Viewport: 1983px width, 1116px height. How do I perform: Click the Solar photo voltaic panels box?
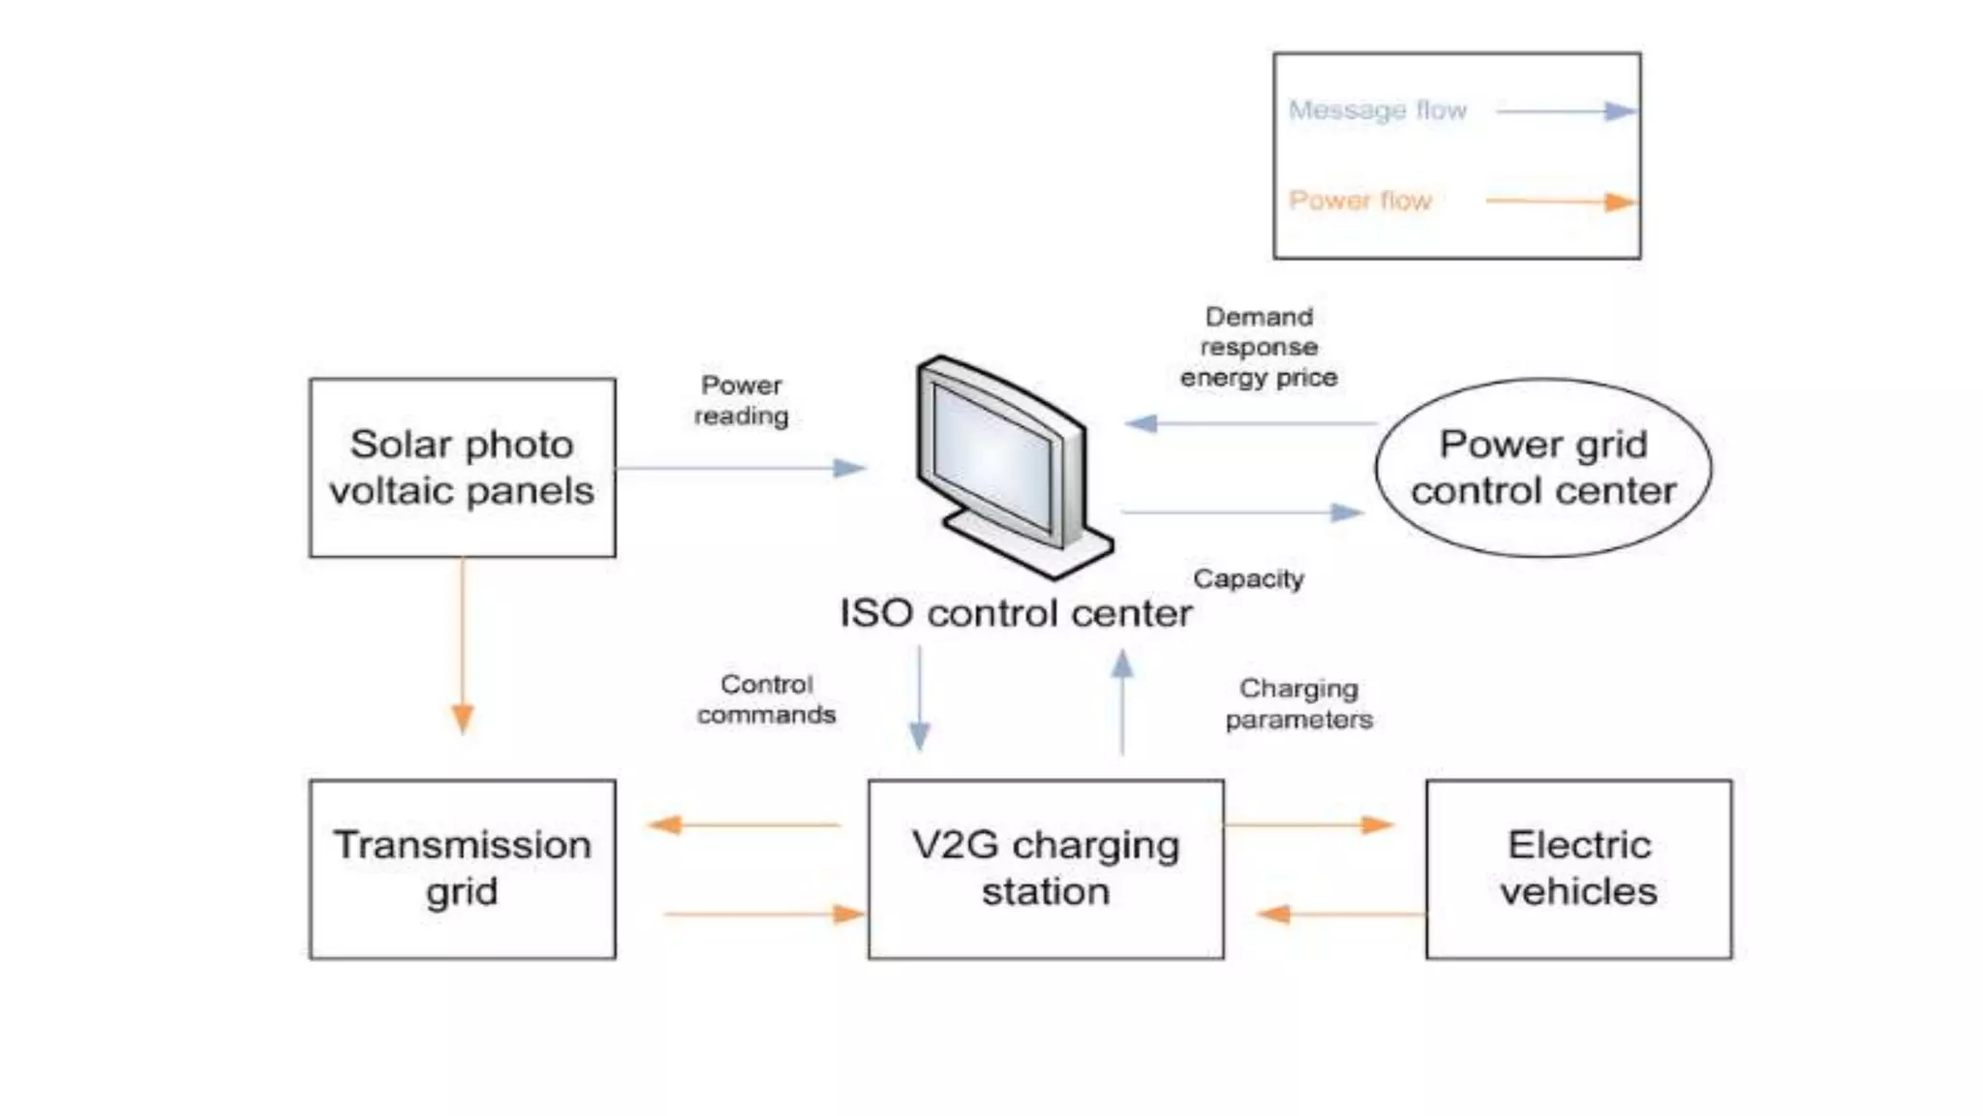click(x=462, y=467)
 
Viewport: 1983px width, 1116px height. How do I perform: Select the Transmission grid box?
click(x=462, y=869)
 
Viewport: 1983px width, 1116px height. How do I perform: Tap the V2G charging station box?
click(x=1046, y=869)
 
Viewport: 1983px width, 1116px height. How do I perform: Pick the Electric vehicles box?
click(x=1578, y=869)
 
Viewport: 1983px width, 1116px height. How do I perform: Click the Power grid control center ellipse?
click(x=1542, y=468)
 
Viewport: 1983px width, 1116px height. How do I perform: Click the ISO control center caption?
click(x=1015, y=613)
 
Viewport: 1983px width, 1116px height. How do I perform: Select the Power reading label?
click(x=741, y=400)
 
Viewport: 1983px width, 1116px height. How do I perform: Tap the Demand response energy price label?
click(x=1259, y=347)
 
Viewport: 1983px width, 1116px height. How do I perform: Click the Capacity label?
click(x=1248, y=578)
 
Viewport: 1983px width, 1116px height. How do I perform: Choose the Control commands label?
click(x=766, y=699)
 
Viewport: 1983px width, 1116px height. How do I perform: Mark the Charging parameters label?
click(x=1298, y=704)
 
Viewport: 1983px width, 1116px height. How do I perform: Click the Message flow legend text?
click(x=1377, y=110)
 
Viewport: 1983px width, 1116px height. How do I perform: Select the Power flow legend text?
click(x=1359, y=201)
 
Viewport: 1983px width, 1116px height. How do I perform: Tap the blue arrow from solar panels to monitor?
click(x=741, y=469)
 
